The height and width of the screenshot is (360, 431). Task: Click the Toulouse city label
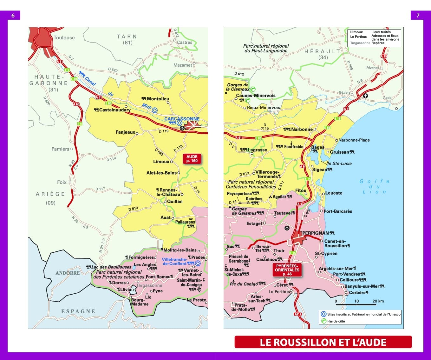click(x=64, y=37)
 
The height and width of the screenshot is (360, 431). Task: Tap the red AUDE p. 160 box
click(x=192, y=159)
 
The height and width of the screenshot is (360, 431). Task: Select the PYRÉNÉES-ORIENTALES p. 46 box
click(x=287, y=270)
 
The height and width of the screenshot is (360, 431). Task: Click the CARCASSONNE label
click(x=182, y=119)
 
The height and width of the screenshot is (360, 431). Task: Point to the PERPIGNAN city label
click(x=316, y=233)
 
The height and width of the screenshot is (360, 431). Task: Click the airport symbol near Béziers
click(x=366, y=96)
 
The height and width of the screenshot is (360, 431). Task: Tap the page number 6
click(x=13, y=15)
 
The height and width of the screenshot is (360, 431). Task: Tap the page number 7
click(x=418, y=15)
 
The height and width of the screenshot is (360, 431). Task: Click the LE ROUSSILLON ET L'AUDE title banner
click(x=323, y=342)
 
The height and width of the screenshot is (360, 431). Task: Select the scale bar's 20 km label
click(x=378, y=301)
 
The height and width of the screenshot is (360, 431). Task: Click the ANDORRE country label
click(x=68, y=273)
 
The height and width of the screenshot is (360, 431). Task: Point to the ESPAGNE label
click(x=78, y=311)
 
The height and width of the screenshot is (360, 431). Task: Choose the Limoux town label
click(x=161, y=162)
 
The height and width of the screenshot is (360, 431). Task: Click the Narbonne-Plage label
click(x=354, y=140)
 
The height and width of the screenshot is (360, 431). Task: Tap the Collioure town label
click(x=351, y=280)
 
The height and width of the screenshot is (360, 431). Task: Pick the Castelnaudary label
click(x=115, y=110)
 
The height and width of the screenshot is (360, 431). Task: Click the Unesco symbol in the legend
click(x=323, y=314)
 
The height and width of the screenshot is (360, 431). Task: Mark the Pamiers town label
click(x=60, y=149)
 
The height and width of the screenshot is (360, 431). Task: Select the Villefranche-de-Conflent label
click(x=174, y=261)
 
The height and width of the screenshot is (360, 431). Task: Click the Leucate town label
click(x=334, y=193)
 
